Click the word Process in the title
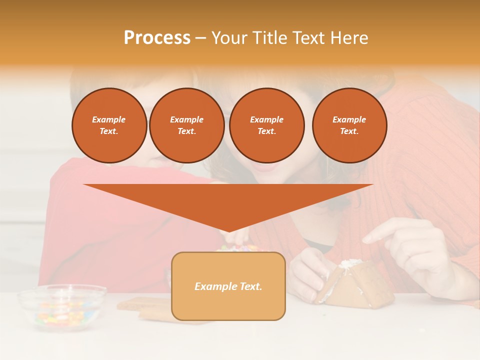coord(157,38)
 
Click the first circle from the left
coord(109,125)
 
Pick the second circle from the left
coord(186,125)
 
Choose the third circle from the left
coord(266,125)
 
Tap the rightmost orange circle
coord(349,125)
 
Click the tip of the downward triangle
coord(229,230)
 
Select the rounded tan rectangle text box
coord(228,300)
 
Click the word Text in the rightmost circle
coord(349,131)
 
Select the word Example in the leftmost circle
coord(109,119)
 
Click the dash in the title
coord(200,38)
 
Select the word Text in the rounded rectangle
coord(250,286)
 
